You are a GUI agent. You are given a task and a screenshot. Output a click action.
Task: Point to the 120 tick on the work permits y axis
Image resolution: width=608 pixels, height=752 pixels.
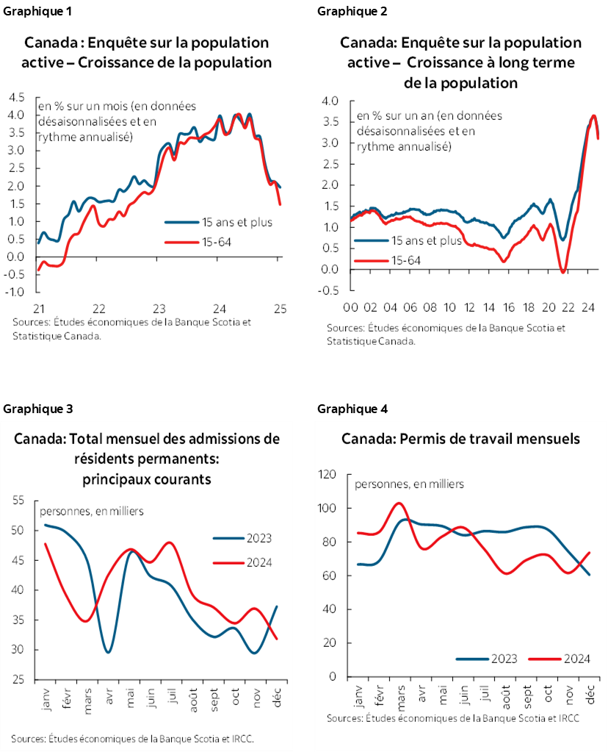pos(327,475)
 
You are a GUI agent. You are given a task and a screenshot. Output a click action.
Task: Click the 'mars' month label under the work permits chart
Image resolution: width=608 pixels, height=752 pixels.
pos(401,695)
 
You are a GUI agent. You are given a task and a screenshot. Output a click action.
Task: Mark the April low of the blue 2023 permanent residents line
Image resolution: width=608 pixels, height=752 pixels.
pos(108,651)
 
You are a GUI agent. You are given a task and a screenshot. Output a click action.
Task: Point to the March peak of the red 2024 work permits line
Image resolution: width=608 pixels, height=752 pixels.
pos(398,504)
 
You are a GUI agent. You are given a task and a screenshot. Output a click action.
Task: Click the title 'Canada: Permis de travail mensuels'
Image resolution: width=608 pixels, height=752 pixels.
pos(460,439)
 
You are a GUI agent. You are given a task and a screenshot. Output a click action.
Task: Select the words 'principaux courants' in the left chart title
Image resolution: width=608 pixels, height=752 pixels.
pos(147,479)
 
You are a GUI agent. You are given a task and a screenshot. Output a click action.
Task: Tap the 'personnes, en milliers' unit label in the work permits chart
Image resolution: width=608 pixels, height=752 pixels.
pos(409,484)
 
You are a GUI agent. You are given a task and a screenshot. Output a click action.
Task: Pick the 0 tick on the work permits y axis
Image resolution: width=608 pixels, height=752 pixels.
pos(333,677)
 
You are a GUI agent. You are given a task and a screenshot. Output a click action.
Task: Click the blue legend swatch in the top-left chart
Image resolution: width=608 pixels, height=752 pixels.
pos(182,221)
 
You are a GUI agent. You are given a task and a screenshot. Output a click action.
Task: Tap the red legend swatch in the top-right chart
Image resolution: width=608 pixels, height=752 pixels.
pos(371,260)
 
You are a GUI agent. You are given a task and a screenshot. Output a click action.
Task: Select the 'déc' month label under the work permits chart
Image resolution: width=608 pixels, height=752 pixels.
pos(590,693)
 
